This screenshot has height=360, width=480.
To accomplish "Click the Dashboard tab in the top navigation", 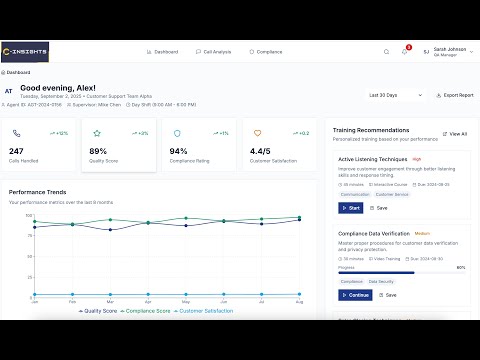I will click(x=162, y=51).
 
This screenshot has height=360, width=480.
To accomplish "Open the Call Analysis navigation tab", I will click(x=213, y=51).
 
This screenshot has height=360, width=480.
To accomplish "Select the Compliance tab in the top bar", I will click(x=265, y=51).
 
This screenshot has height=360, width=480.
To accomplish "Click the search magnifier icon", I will click(x=387, y=51).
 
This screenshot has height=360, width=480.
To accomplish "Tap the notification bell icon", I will click(x=404, y=51).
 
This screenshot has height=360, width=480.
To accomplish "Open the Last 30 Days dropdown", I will click(x=385, y=95).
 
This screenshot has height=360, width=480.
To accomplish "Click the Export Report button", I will click(x=456, y=95).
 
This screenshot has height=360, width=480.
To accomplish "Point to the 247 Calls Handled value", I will click(x=16, y=151).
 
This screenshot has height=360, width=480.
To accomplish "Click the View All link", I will click(x=456, y=133).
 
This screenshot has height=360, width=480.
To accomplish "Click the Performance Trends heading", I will click(x=39, y=191).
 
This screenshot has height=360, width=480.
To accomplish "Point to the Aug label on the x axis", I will click(x=299, y=300).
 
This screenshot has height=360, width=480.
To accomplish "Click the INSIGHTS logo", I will click(x=25, y=51).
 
